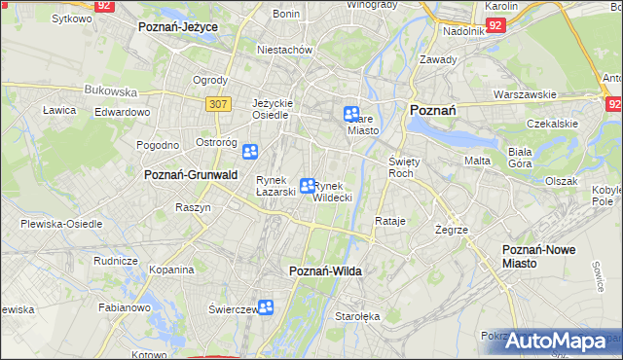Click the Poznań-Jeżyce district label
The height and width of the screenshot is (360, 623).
[x=177, y=27]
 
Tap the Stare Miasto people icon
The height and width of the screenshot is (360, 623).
[x=351, y=115]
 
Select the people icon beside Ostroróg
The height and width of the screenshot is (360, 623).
[x=250, y=152]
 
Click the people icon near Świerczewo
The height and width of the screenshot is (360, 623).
[x=265, y=308]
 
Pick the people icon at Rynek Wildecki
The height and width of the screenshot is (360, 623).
[x=308, y=186]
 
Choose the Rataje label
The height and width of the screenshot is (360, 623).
[x=389, y=221]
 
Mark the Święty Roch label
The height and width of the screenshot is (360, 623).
[x=402, y=166]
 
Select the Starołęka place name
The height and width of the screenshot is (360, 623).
[x=357, y=316]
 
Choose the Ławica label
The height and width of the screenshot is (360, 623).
[x=59, y=110]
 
